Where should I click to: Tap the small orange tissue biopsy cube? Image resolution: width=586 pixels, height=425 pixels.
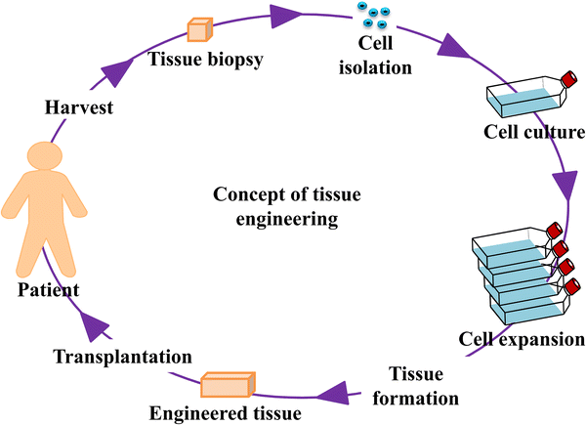click(198, 29)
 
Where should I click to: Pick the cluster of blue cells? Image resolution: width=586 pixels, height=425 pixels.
click(372, 16)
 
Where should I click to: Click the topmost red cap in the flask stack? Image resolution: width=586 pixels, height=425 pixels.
click(554, 232)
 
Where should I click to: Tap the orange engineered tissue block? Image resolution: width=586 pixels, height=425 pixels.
click(227, 385)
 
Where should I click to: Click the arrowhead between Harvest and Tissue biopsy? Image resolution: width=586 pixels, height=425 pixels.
click(118, 71)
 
